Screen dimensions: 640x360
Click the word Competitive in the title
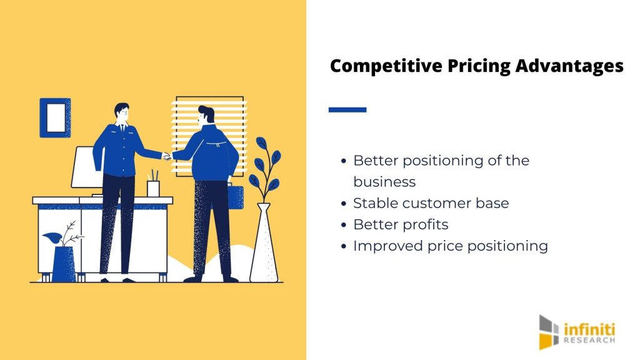click(386, 66)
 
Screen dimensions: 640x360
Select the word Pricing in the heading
click(479, 66)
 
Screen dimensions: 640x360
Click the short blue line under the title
click(347, 109)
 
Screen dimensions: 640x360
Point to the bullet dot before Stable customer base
click(344, 203)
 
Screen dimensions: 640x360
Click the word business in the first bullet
click(384, 182)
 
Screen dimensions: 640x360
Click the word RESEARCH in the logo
click(589, 340)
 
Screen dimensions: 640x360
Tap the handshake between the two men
click(167, 156)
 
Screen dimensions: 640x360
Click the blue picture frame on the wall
click(55, 117)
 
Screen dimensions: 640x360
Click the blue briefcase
click(236, 197)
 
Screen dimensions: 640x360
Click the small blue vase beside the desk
click(64, 264)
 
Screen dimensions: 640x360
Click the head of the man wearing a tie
click(122, 112)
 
